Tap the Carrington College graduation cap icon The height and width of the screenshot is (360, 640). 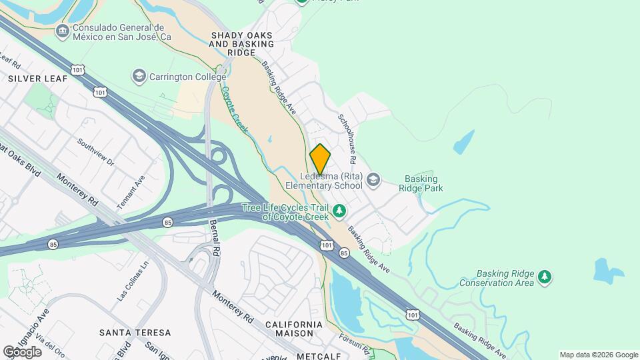(x=139, y=75)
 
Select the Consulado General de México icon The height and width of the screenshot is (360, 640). (x=62, y=31)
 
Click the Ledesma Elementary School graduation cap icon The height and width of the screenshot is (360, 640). (x=373, y=179)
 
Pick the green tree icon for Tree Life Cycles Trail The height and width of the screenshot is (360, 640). (x=340, y=211)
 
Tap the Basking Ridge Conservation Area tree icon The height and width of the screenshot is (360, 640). (x=545, y=277)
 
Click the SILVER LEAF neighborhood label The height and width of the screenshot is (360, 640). (x=38, y=78)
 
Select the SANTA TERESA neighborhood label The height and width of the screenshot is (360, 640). (x=135, y=332)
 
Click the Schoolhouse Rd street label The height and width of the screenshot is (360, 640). (x=347, y=138)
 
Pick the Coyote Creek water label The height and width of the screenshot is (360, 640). (x=235, y=110)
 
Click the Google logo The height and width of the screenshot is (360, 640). (x=22, y=352)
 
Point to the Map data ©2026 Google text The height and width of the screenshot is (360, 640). (x=599, y=355)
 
